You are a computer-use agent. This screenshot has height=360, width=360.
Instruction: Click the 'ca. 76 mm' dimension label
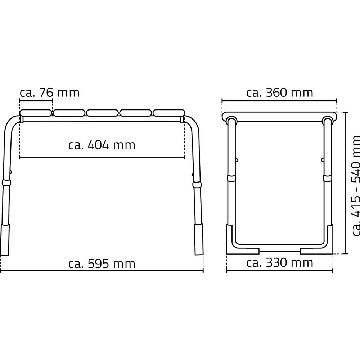[50, 93]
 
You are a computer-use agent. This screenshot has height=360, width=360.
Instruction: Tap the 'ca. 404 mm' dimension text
[102, 145]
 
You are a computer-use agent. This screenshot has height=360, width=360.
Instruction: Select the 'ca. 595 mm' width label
[102, 264]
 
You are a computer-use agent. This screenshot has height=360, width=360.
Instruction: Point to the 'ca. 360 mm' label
[280, 93]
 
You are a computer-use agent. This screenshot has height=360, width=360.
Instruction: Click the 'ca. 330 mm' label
[280, 263]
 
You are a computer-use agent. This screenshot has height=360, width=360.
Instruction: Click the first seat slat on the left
[36, 113]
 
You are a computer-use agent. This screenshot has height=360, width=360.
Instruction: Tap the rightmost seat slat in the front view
[169, 113]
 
